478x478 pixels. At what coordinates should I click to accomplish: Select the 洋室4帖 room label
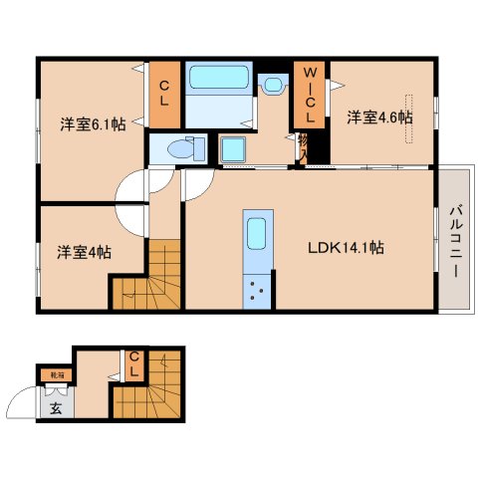[83, 252]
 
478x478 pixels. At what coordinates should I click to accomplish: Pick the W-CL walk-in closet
[309, 95]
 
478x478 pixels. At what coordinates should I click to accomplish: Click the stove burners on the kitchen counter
[257, 292]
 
